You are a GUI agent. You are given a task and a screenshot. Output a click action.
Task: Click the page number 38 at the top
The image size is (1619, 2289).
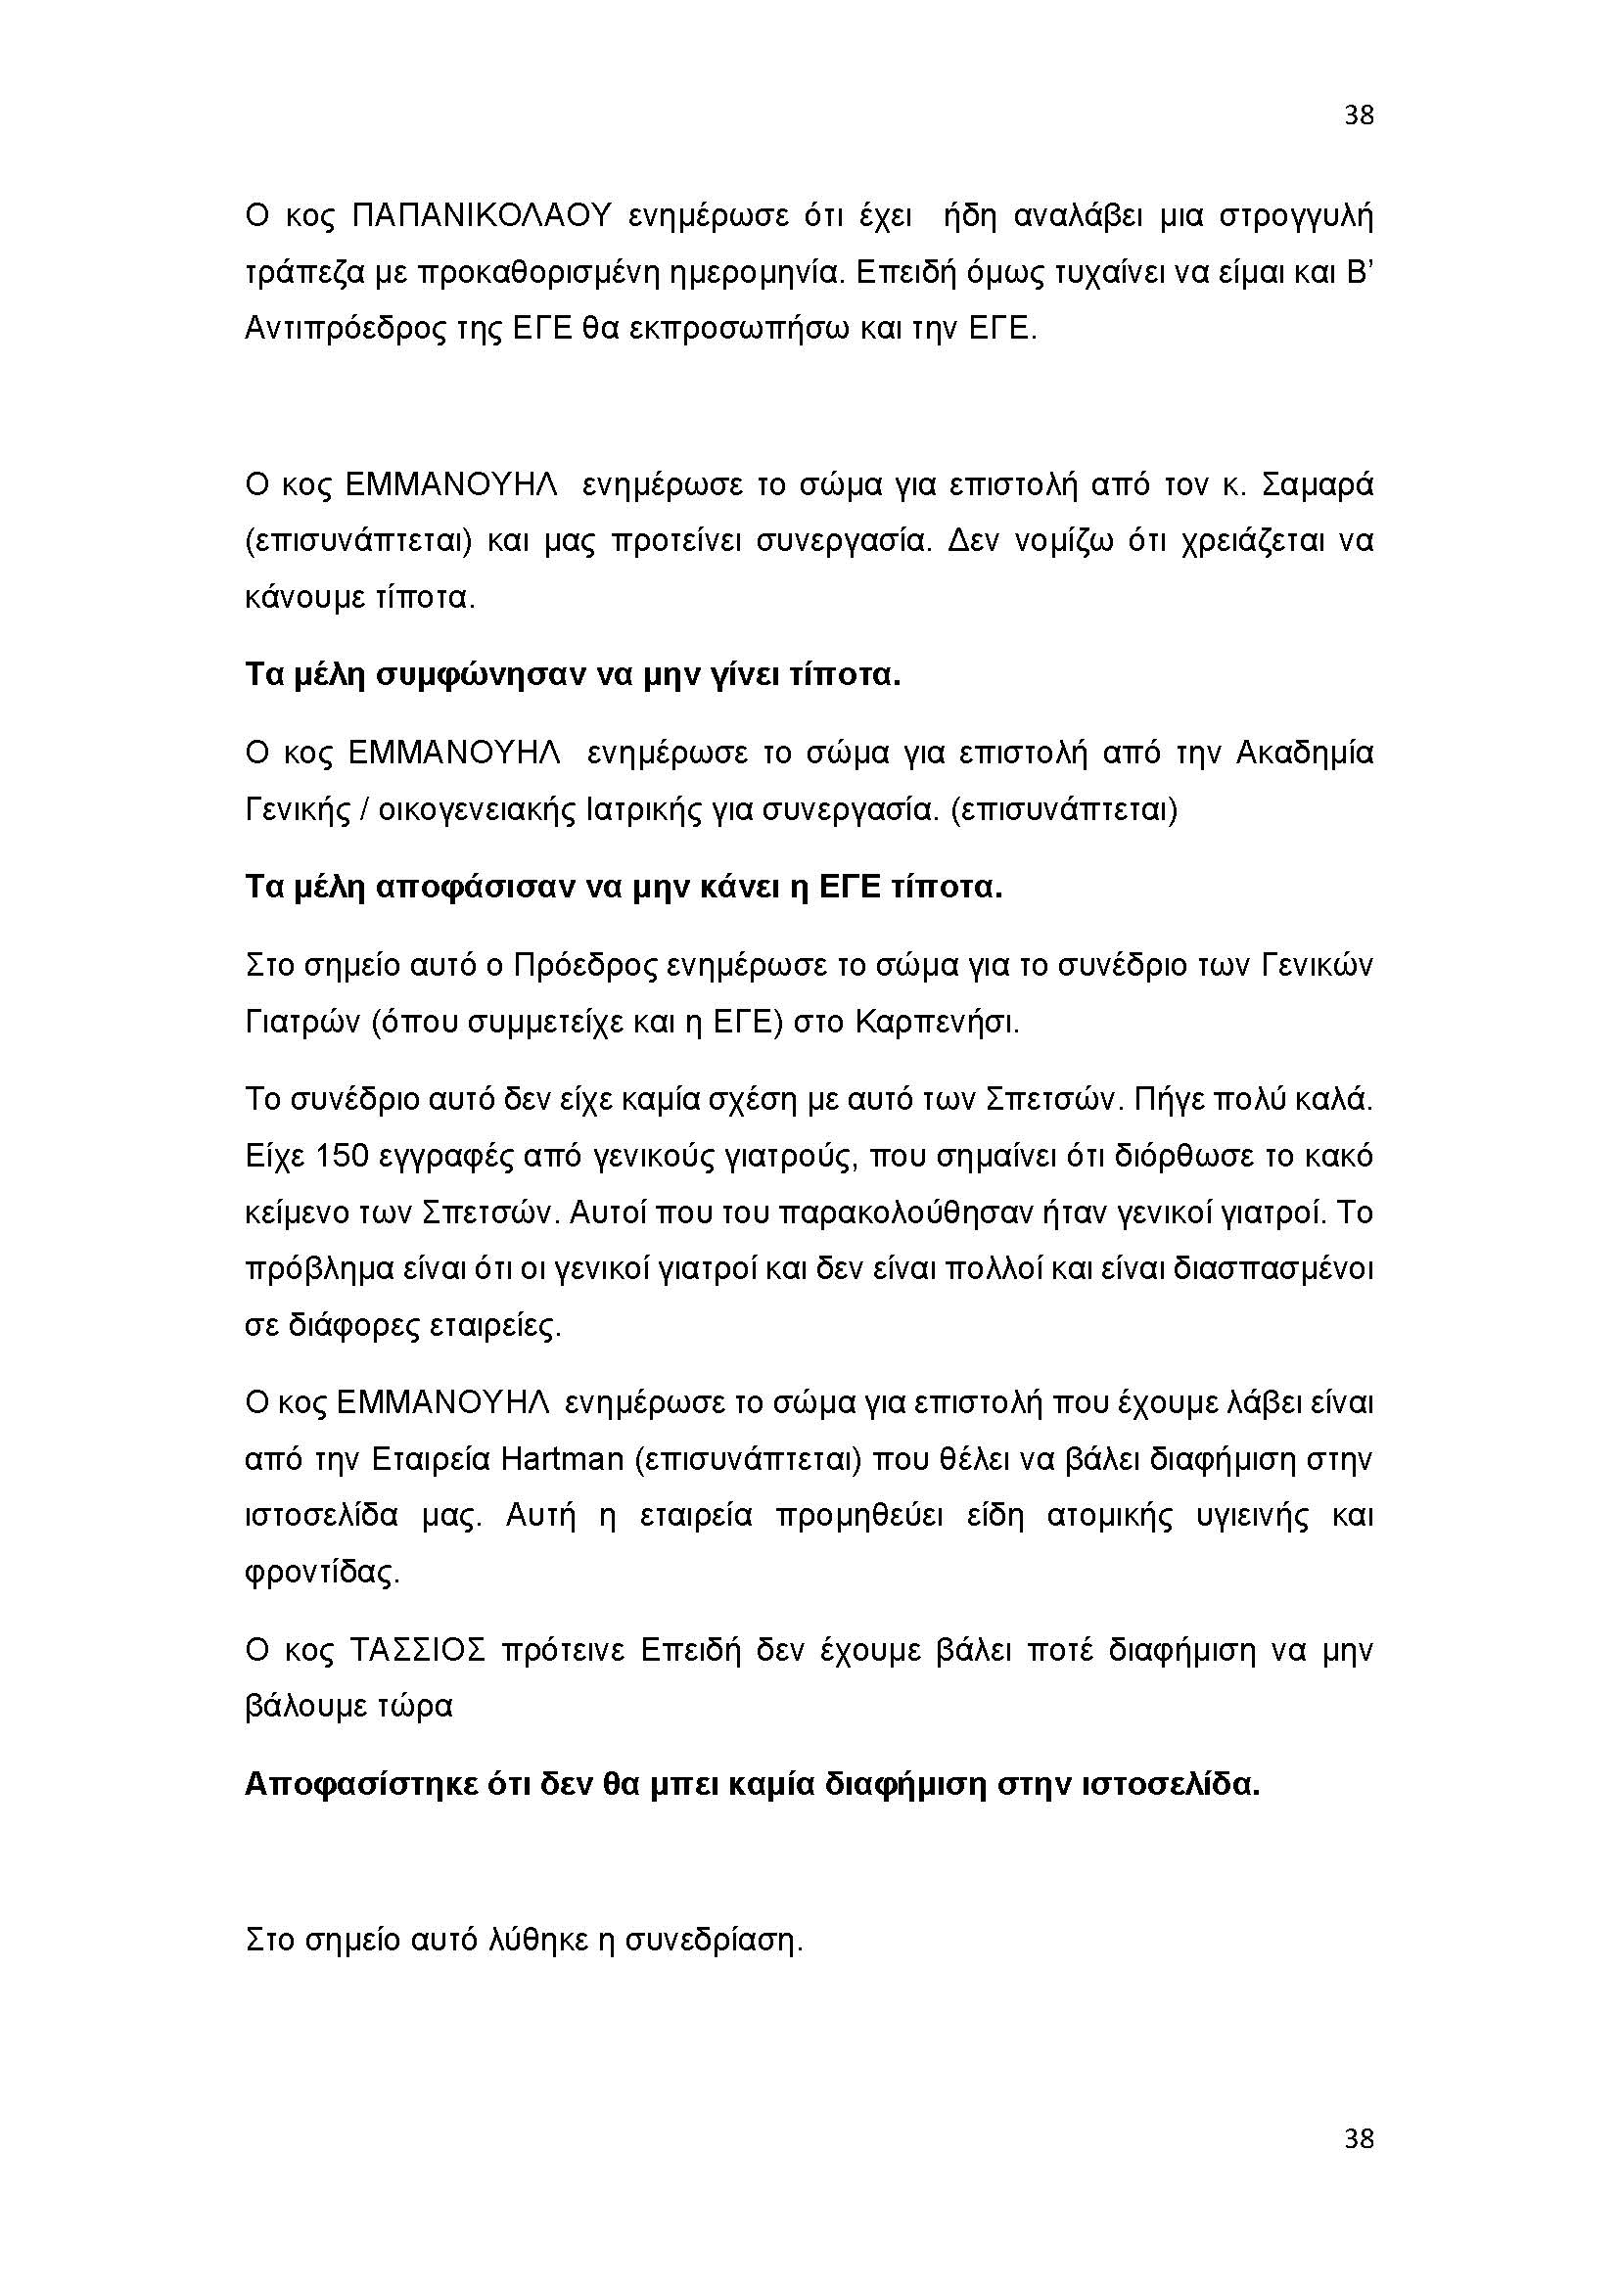[x=1359, y=115]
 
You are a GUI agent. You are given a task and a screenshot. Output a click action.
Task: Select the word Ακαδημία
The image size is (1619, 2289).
[x=1304, y=752]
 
